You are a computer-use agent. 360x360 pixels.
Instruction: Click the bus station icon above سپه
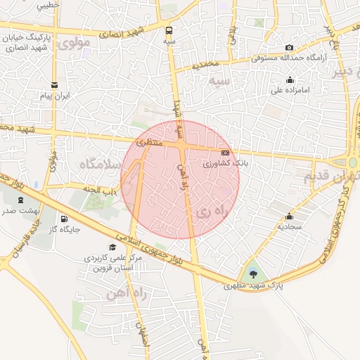pyautogui.click(x=169, y=30)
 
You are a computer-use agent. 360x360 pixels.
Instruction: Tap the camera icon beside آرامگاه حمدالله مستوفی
pyautogui.click(x=289, y=48)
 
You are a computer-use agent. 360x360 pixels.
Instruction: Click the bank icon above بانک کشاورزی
pyautogui.click(x=225, y=152)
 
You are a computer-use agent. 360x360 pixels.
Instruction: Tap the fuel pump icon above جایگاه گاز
pyautogui.click(x=65, y=218)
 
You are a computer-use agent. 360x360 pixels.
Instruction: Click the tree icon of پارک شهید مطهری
pyautogui.click(x=253, y=274)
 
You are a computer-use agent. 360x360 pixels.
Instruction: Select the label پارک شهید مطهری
pyautogui.click(x=247, y=285)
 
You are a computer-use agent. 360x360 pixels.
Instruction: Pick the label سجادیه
pyautogui.click(x=289, y=227)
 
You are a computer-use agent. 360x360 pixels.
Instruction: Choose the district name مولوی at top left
pyautogui.click(x=76, y=43)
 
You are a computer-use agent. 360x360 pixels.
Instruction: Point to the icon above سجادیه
pyautogui.click(x=289, y=216)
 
